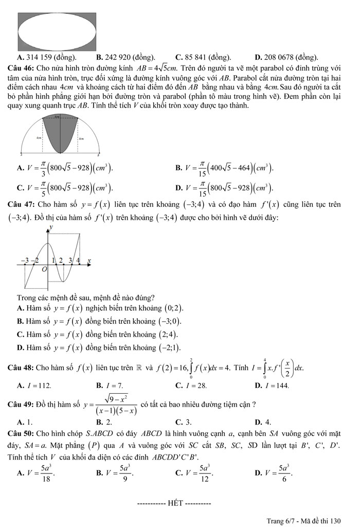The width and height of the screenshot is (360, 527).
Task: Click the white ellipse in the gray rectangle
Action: tap(57, 30)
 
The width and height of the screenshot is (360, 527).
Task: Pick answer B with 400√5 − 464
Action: tap(224, 168)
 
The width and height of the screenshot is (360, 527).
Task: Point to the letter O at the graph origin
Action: tap(44, 269)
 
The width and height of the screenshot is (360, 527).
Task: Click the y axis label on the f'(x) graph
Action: tap(50, 227)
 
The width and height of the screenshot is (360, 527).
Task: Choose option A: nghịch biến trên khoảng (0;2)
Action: tap(100, 308)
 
